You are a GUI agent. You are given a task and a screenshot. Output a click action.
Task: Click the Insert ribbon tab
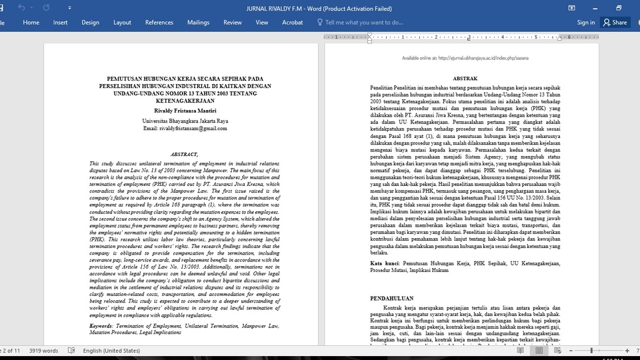pos(61,22)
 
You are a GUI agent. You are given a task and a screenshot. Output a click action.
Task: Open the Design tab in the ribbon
pos(91,22)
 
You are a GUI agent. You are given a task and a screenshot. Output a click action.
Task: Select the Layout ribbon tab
pos(122,22)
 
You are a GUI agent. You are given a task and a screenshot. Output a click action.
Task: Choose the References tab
pos(159,22)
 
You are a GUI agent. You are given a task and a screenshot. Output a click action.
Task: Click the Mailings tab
pos(198,22)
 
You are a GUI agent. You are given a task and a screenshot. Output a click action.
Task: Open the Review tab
pos(233,22)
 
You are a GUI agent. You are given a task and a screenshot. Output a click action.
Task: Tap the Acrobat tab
pos(292,22)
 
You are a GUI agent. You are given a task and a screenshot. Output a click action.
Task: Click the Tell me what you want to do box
pos(364,22)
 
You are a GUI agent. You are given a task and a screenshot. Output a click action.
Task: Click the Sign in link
pos(586,22)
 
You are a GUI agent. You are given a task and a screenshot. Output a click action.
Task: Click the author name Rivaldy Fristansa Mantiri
pos(181,110)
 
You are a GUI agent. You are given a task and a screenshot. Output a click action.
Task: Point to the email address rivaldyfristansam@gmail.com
pos(181,128)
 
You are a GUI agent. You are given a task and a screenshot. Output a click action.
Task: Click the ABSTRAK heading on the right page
pos(465,79)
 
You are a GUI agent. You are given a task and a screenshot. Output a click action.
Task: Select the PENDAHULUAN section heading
pos(391,299)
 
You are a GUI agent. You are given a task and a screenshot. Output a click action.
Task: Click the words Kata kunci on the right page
pos(385,263)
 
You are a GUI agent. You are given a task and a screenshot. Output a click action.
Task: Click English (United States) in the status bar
pos(111,351)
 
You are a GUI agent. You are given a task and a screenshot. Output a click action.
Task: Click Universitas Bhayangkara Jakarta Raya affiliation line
pos(185,121)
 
